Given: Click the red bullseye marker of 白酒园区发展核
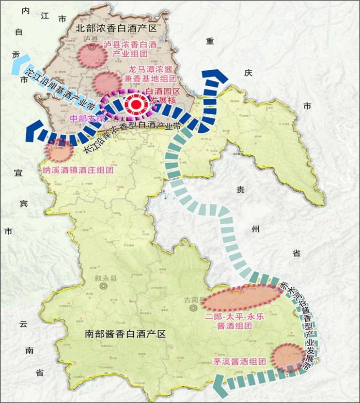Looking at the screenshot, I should [137, 103].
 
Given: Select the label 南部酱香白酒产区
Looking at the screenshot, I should [125, 334].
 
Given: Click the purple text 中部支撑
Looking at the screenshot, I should [87, 118].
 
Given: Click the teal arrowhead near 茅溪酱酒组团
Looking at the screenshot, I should [222, 384].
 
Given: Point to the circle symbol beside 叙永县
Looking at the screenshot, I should [103, 286].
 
